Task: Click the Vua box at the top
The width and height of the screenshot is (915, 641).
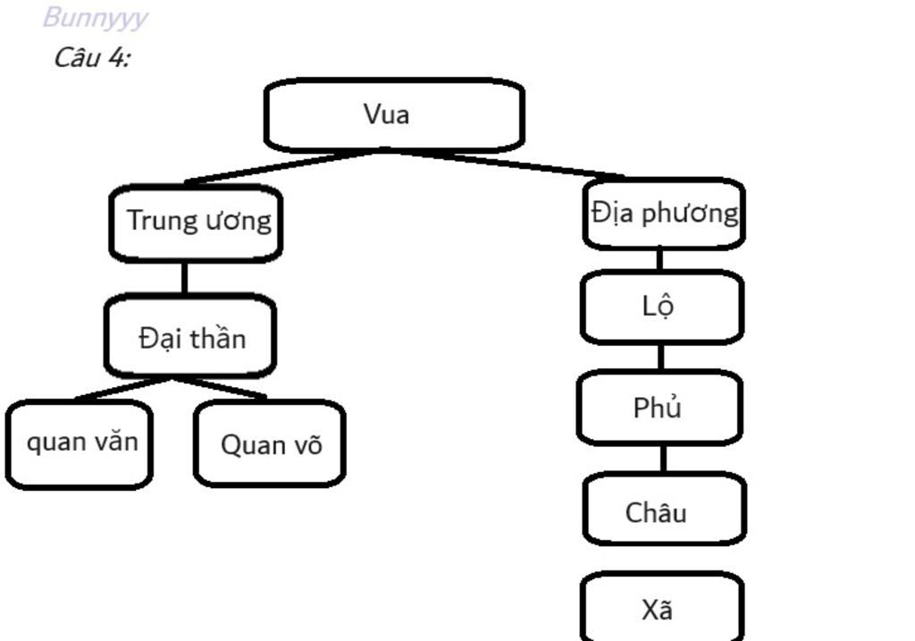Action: pyautogui.click(x=393, y=114)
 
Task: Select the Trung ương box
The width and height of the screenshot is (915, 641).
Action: pyautogui.click(x=196, y=223)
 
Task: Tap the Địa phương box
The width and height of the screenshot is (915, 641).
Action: pyautogui.click(x=664, y=214)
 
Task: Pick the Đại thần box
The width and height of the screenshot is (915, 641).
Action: pyautogui.click(x=190, y=336)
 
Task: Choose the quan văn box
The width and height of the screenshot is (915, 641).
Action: pyautogui.click(x=80, y=443)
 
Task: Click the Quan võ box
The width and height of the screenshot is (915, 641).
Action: pyautogui.click(x=269, y=443)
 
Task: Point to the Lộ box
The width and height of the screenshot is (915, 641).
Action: pyautogui.click(x=661, y=307)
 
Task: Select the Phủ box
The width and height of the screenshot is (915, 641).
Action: pyautogui.click(x=659, y=408)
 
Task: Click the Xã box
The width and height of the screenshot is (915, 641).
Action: pyautogui.click(x=662, y=609)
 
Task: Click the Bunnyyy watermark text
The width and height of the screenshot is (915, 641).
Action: pyautogui.click(x=94, y=18)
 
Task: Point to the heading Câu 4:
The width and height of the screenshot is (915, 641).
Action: pyautogui.click(x=92, y=58)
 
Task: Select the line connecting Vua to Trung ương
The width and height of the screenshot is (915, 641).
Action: pyautogui.click(x=277, y=167)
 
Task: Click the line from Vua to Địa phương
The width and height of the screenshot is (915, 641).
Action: pyautogui.click(x=509, y=164)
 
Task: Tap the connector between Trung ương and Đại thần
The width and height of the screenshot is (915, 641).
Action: pyautogui.click(x=184, y=277)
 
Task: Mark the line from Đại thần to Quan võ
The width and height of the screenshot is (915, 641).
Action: pyautogui.click(x=221, y=387)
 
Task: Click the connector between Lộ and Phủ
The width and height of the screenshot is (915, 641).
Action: pyautogui.click(x=660, y=357)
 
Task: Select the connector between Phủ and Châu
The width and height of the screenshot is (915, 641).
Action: pyautogui.click(x=663, y=458)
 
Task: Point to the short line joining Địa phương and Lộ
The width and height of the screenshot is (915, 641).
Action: pyautogui.click(x=659, y=259)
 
